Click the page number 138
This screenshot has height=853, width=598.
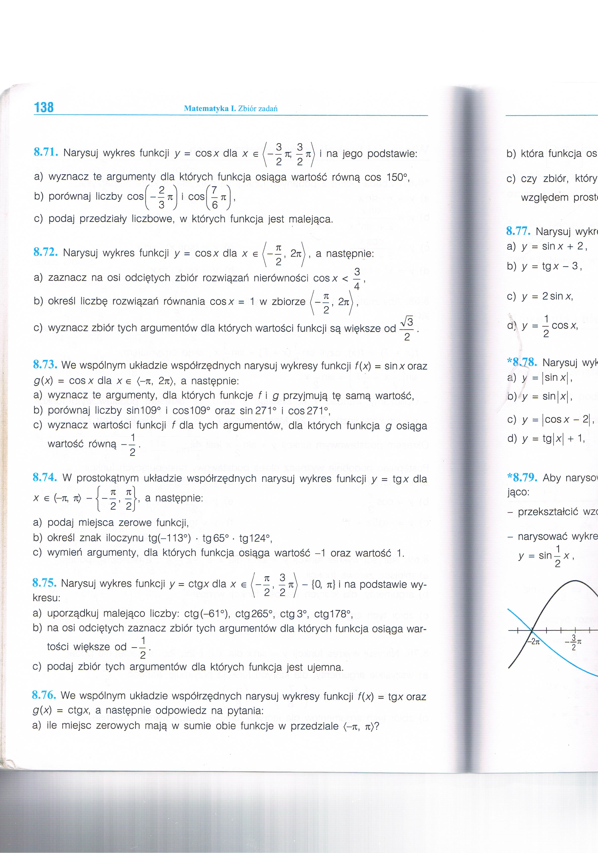coord(44,107)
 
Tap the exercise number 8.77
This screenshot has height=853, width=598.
coord(519,231)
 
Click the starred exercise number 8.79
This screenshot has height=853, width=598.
coord(522,477)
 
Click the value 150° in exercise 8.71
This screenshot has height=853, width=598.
coord(394,177)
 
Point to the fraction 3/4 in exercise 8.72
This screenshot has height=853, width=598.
coord(357,279)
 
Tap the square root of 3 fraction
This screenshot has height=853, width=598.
coord(407,328)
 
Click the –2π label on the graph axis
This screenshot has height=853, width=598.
coord(534,641)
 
